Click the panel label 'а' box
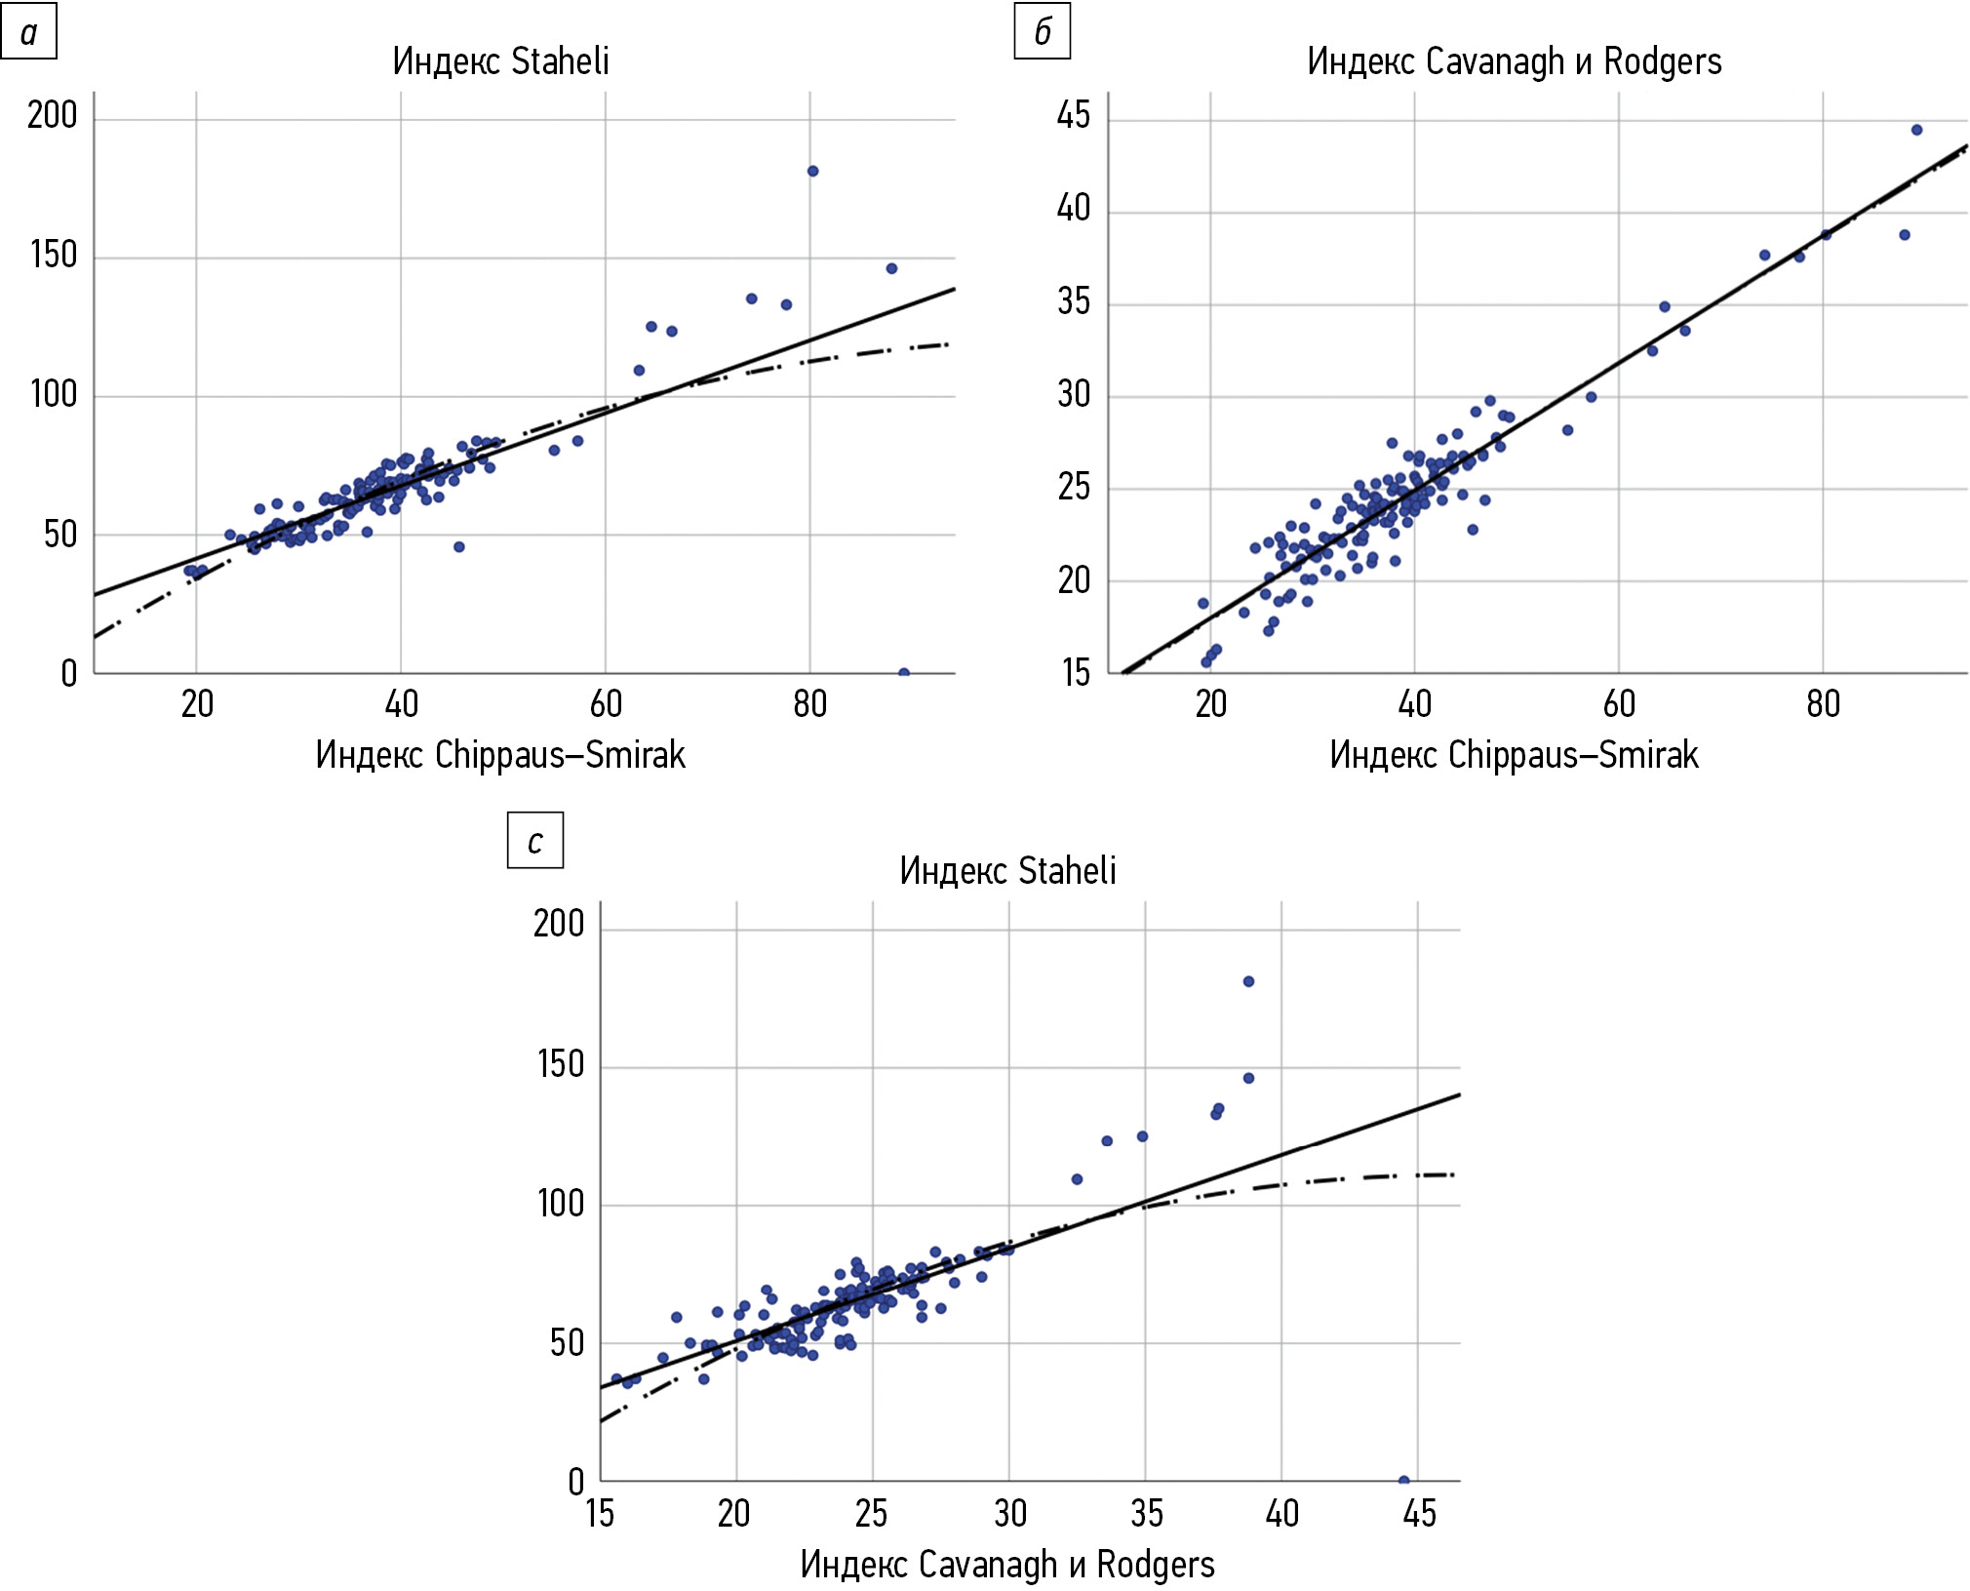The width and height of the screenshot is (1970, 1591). pos(28,32)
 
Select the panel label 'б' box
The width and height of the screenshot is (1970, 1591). pos(1042,32)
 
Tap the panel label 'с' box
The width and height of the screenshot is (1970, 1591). pos(534,841)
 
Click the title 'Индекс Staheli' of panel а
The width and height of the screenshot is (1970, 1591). pos(500,61)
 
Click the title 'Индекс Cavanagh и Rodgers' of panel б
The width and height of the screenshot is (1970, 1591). pos(1514,61)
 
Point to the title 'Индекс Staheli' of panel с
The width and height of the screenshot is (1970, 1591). pos(1007,870)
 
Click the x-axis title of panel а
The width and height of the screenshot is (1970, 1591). pos(500,755)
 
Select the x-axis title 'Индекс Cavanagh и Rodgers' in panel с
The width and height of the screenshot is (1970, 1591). pos(1007,1565)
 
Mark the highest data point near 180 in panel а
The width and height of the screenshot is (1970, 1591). pos(812,172)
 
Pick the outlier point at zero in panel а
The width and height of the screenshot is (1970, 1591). pos(904,673)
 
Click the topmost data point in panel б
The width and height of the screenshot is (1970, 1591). pos(1916,130)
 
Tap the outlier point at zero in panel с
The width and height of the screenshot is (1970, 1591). pos(1404,1481)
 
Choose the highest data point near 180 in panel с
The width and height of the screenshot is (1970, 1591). pos(1248,981)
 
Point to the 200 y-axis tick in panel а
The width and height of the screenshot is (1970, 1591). pos(53,116)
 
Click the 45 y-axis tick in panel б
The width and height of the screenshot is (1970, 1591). pos(1074,116)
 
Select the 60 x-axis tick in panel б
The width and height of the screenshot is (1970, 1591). pos(1619,704)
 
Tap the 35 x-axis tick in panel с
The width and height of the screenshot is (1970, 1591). pos(1146,1514)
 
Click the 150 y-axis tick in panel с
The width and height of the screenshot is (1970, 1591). pos(561,1064)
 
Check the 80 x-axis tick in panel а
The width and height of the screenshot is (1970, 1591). pos(809,704)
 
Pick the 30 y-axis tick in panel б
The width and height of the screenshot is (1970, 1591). pos(1074,395)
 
